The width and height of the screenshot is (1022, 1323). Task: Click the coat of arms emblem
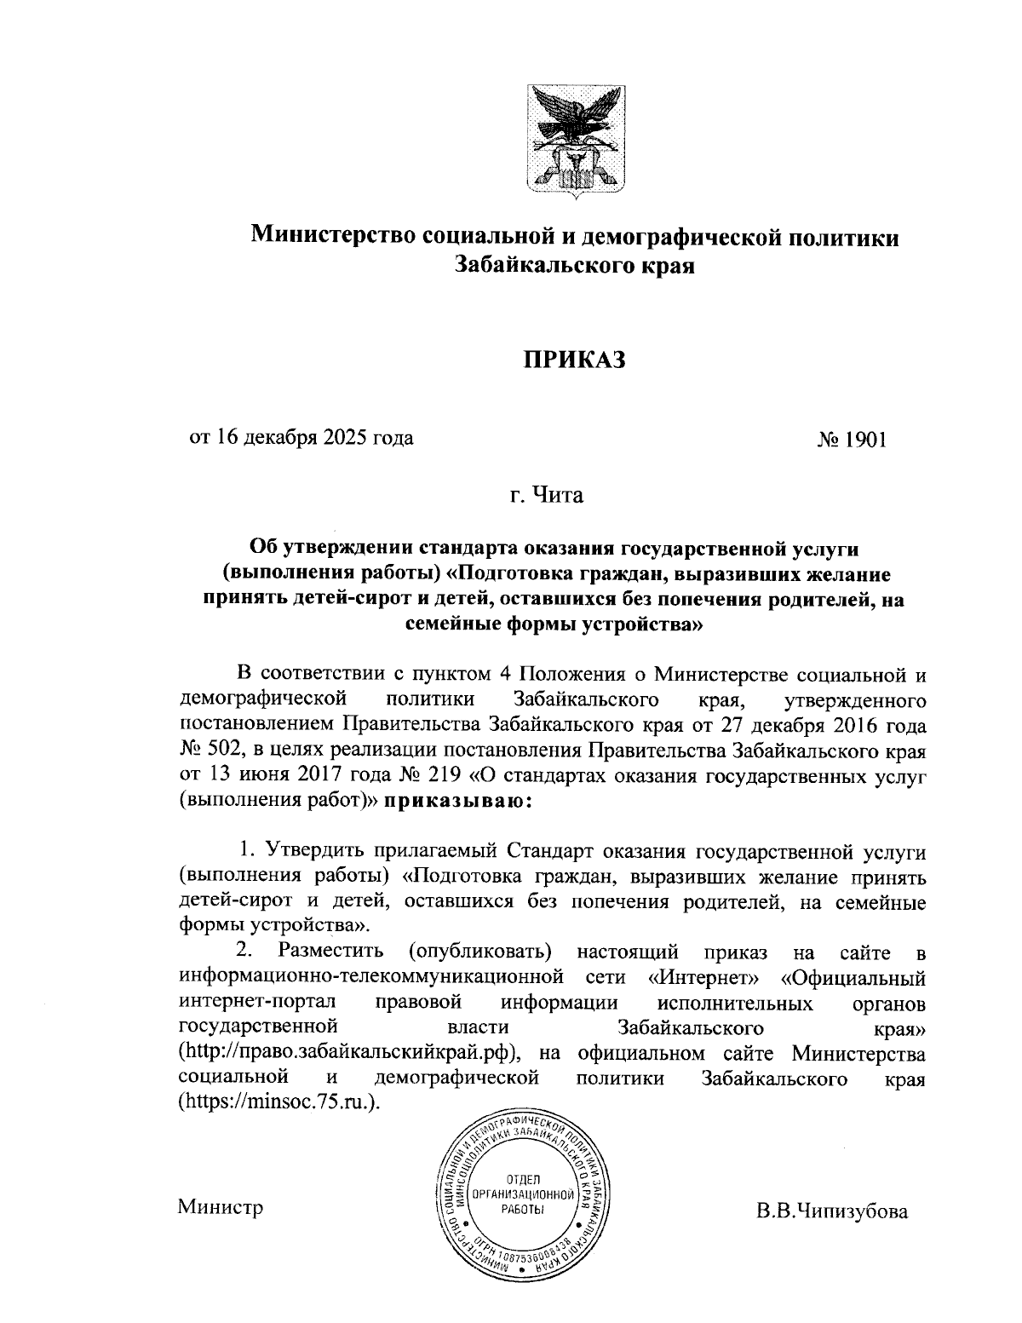(x=574, y=140)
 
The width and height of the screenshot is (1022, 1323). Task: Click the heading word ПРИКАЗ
(x=574, y=361)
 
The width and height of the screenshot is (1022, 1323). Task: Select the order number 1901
(x=862, y=440)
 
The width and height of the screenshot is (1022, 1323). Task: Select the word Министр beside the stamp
(x=221, y=1206)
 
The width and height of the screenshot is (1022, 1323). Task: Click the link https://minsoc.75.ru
(x=276, y=1102)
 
